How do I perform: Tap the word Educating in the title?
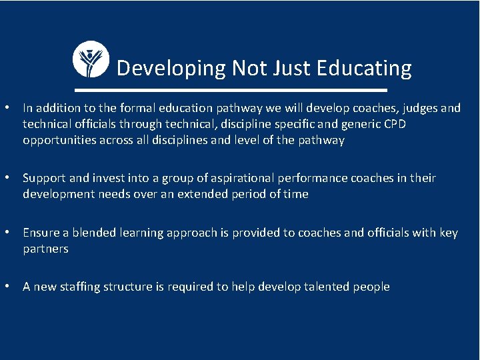click(x=364, y=68)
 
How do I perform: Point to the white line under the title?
click(x=231, y=90)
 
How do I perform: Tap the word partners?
click(x=45, y=249)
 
